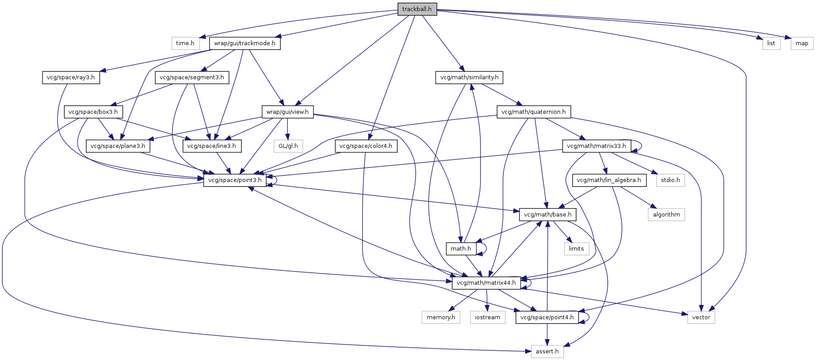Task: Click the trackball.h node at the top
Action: (x=417, y=9)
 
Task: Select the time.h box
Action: (x=185, y=43)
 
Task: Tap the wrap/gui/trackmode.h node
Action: (x=244, y=43)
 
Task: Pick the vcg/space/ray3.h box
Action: (x=71, y=77)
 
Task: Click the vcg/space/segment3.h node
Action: (x=192, y=77)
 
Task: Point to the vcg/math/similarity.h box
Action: (x=469, y=77)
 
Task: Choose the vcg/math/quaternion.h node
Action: (x=534, y=112)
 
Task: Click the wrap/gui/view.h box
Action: (x=287, y=112)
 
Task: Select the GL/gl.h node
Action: (x=288, y=146)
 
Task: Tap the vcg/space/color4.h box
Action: (x=366, y=146)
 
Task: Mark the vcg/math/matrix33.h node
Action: (x=596, y=146)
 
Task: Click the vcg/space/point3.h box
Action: (x=235, y=180)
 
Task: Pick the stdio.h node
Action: (x=670, y=180)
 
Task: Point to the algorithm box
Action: (x=666, y=215)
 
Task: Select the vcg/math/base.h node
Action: (x=548, y=215)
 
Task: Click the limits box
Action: (x=576, y=249)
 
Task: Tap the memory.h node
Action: (x=441, y=317)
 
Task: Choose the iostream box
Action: (x=487, y=317)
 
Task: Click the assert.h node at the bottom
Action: (x=547, y=352)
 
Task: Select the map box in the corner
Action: (x=802, y=43)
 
